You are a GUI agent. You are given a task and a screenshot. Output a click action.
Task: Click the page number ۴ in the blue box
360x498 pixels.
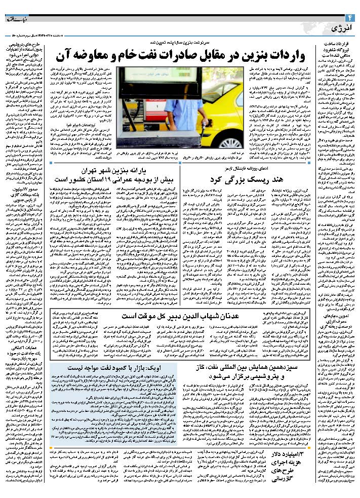(351, 18)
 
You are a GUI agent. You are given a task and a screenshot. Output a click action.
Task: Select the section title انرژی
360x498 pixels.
(329, 26)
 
